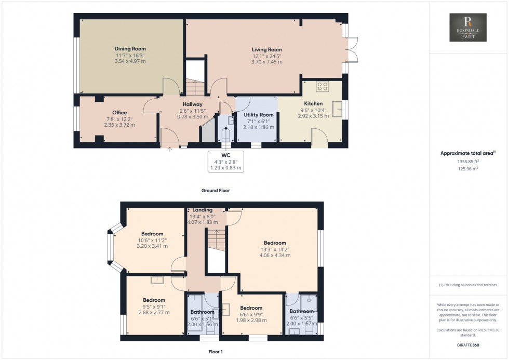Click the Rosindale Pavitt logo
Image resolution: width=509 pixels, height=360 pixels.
[x=468, y=28]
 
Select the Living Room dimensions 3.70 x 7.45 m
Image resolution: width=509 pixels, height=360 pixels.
[x=268, y=62]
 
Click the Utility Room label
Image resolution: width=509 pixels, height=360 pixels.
[x=259, y=114]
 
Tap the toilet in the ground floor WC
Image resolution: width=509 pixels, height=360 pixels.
[x=225, y=136]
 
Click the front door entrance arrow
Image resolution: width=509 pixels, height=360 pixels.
[x=170, y=150]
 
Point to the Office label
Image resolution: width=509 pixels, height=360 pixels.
[x=119, y=113]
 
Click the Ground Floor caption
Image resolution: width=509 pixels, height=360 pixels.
[x=216, y=191]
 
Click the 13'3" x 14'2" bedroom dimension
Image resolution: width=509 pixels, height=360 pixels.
[x=274, y=249]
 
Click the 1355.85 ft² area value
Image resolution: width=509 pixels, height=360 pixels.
[x=468, y=162]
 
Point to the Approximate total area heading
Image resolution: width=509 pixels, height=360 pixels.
[x=468, y=153]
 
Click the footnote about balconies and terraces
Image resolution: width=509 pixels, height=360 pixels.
[x=468, y=285]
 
